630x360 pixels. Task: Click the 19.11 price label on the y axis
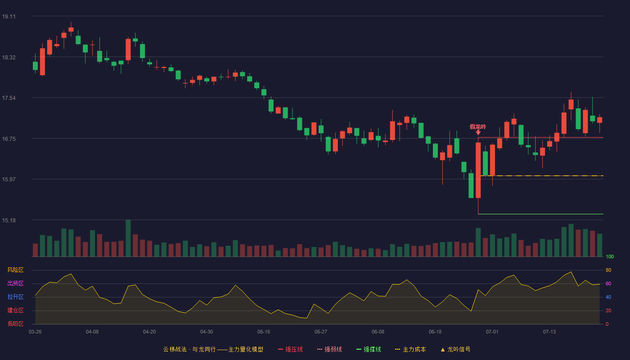coord(9,17)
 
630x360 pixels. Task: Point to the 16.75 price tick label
coord(9,139)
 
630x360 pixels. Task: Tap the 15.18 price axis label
coord(9,220)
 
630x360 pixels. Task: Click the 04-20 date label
coord(149,332)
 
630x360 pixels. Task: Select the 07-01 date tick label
coord(492,332)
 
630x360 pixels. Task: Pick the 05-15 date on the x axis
coord(264,332)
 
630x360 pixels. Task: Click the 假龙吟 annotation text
coord(478,127)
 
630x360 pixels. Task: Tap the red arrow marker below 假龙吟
coord(478,132)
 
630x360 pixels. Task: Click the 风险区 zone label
coord(15,270)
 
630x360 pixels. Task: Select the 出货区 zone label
coord(15,283)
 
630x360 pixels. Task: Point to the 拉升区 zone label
coord(15,297)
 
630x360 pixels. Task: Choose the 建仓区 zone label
coord(15,310)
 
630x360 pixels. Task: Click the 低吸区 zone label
coord(15,324)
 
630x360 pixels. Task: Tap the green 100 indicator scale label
coord(610,256)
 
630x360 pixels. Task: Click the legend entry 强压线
coord(290,349)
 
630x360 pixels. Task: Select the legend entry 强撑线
coord(369,349)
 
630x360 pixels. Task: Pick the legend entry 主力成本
coord(410,349)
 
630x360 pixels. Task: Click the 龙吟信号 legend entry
coord(455,349)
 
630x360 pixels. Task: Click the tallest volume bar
coord(128,238)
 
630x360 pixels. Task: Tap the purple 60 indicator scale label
coord(608,283)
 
